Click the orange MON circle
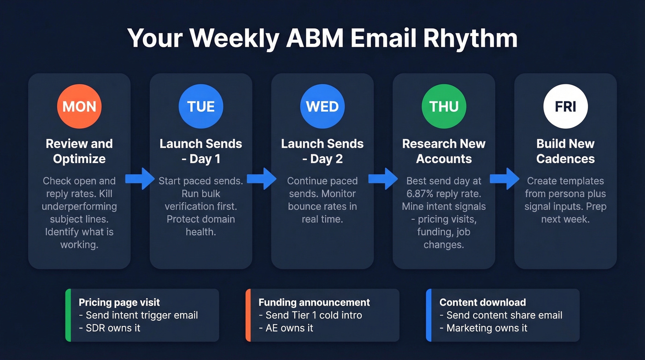[79, 106]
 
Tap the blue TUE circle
[201, 106]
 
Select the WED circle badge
[322, 106]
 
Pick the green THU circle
[444, 106]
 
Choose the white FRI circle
[565, 106]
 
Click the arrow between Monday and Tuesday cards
[140, 179]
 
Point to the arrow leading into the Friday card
[504, 179]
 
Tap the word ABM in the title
[315, 39]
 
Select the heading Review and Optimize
[79, 151]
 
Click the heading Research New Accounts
[444, 151]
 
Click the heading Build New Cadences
[565, 151]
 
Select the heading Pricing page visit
[119, 302]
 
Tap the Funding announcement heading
[314, 302]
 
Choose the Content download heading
[482, 302]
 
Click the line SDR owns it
[110, 328]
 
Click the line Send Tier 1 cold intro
[311, 315]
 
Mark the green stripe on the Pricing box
[68, 315]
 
